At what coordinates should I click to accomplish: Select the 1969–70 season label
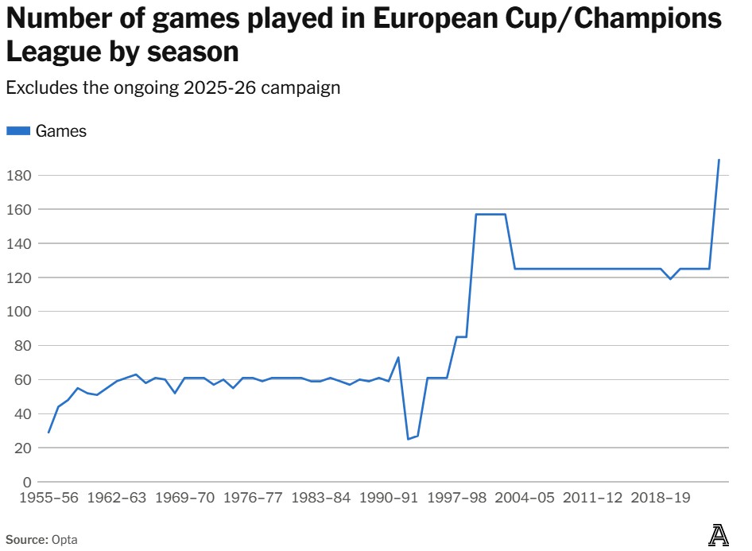(184, 499)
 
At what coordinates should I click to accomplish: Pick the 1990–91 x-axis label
(388, 499)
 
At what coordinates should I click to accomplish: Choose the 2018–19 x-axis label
(660, 499)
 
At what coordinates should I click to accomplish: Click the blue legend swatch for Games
(18, 131)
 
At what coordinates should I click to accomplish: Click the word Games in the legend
(61, 131)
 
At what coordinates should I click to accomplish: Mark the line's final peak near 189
(719, 160)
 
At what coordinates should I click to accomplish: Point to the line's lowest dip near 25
(408, 439)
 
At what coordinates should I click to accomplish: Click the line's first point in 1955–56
(48, 433)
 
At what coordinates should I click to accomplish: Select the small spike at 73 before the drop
(398, 358)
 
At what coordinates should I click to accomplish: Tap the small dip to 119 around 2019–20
(670, 279)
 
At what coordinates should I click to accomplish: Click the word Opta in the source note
(64, 539)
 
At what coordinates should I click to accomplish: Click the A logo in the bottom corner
(719, 536)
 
